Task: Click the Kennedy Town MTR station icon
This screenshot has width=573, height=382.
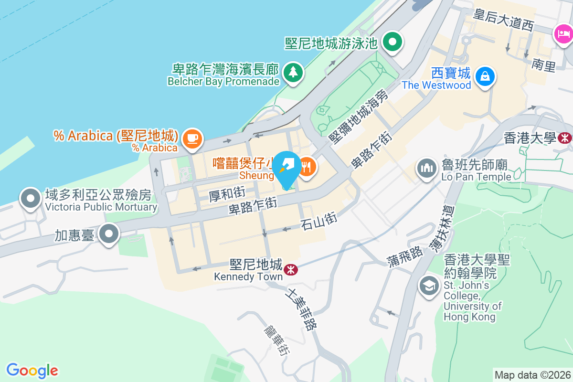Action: click(290, 270)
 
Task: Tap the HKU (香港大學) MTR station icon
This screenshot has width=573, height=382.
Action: click(565, 138)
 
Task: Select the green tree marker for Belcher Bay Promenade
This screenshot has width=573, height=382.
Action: click(292, 73)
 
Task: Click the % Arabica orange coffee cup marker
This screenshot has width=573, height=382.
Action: click(192, 138)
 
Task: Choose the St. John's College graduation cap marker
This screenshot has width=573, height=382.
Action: click(429, 286)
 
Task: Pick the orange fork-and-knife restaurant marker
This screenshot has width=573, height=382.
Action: click(306, 167)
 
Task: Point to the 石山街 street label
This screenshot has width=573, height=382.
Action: click(319, 220)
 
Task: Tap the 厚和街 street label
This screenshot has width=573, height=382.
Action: click(227, 194)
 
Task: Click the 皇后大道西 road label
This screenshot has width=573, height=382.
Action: click(502, 20)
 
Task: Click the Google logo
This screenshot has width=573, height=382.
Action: click(32, 370)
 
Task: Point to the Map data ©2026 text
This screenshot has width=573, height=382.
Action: click(532, 375)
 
